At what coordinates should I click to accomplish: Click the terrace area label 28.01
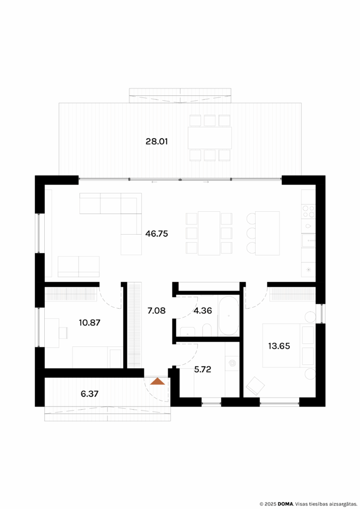[157, 142]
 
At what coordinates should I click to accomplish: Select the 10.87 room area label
[90, 322]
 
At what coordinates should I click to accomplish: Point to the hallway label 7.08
[156, 311]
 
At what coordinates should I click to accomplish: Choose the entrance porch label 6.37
[90, 394]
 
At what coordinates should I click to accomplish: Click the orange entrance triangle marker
[157, 382]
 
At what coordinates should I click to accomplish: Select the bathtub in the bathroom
[229, 316]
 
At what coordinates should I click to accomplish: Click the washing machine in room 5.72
[232, 364]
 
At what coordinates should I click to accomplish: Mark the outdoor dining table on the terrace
[210, 138]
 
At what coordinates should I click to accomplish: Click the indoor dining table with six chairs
[209, 233]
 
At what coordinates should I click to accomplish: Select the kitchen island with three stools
[268, 233]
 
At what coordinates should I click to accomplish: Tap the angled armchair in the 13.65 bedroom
[256, 386]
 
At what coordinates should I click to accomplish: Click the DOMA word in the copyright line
[285, 503]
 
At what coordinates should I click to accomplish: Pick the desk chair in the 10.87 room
[64, 332]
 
